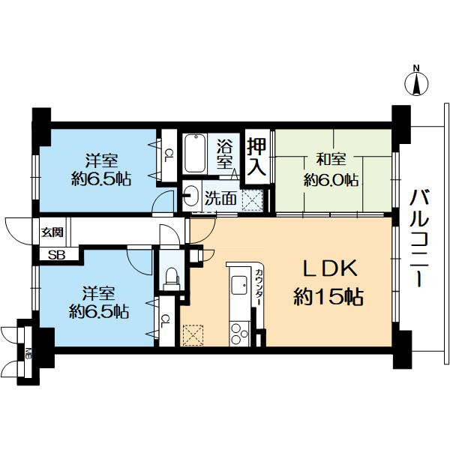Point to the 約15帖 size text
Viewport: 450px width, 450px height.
(x=327, y=298)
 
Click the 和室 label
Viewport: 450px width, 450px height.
(x=330, y=160)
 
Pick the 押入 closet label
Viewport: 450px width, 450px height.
(x=257, y=155)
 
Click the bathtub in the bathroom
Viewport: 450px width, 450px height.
(x=196, y=153)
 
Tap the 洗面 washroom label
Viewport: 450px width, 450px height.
(x=222, y=198)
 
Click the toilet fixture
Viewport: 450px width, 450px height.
(x=171, y=278)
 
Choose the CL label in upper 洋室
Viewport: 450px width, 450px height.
(x=169, y=156)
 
